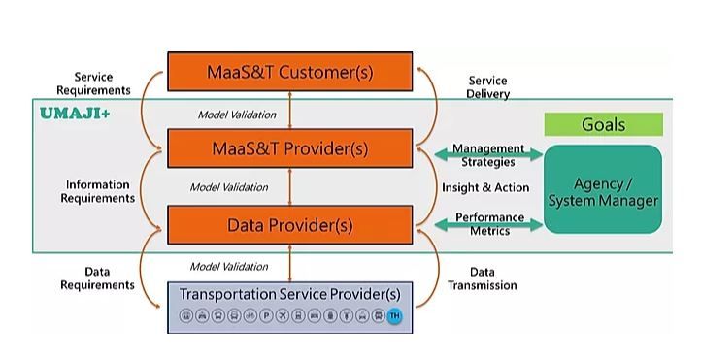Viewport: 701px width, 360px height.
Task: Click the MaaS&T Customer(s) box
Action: coord(289,72)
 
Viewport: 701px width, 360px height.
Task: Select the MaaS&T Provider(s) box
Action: coord(289,148)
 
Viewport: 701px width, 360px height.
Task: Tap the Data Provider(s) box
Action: coord(289,225)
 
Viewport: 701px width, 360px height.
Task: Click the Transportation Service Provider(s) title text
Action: coord(289,294)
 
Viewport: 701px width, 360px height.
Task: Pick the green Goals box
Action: coord(603,124)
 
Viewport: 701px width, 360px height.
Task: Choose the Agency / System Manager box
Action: coord(602,191)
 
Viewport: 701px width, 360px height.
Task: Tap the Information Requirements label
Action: coord(97,191)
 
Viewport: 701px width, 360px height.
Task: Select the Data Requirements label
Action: coord(97,278)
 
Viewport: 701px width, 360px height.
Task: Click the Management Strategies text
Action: coord(488,155)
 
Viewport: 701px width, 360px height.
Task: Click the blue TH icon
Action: coord(394,316)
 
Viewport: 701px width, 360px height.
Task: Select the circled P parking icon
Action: coord(265,316)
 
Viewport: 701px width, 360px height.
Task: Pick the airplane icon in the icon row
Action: coord(282,316)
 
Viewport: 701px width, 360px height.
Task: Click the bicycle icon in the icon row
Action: coord(250,316)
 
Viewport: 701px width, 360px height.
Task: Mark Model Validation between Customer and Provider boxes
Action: coord(237,115)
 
